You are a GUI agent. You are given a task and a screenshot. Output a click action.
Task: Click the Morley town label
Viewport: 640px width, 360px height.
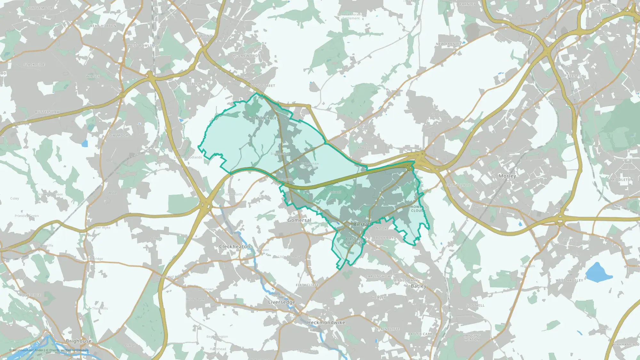point(507,176)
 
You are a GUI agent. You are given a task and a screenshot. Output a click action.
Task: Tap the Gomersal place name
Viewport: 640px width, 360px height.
point(299,220)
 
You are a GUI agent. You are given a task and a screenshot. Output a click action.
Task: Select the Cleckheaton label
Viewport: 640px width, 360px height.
point(235,247)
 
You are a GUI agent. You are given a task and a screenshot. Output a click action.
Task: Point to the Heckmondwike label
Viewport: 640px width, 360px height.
point(326,323)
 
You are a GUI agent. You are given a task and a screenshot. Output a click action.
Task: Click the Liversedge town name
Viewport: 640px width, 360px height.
point(282,302)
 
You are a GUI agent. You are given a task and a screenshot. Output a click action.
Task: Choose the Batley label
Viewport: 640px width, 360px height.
point(419,286)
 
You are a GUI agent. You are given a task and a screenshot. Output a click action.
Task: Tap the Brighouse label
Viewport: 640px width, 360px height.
point(78,341)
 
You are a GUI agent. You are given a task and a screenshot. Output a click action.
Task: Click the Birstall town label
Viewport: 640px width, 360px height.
point(362,225)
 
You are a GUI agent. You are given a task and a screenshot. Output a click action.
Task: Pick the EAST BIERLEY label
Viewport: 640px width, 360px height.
point(266,118)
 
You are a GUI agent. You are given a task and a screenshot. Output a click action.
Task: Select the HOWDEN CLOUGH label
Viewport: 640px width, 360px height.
point(419,209)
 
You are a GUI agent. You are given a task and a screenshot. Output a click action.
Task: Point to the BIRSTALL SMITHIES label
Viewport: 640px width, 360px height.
point(354,241)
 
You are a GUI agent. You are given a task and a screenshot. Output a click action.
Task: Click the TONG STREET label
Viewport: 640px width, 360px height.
point(262,86)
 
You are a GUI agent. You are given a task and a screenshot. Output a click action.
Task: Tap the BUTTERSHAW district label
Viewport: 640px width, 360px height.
point(47,112)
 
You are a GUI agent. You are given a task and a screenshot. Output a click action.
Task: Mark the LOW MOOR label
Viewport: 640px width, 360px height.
point(118,135)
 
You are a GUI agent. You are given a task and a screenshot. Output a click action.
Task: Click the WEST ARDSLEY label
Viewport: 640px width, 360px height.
point(569,280)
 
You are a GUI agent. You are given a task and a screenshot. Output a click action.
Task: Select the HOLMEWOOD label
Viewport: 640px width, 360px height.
point(245,56)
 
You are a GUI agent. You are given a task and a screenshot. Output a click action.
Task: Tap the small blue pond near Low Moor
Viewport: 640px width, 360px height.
point(84,144)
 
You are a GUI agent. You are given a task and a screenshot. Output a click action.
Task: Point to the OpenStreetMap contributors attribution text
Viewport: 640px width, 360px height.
point(69,350)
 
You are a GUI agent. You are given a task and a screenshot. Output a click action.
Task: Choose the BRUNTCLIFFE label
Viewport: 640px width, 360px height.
point(458,185)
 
